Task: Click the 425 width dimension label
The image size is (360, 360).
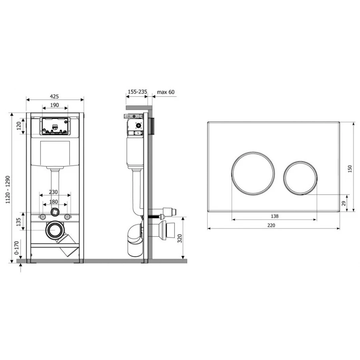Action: (54, 96)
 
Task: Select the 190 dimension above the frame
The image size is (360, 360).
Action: (54, 105)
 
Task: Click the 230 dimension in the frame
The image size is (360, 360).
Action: (55, 192)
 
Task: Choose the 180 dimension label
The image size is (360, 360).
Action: (55, 202)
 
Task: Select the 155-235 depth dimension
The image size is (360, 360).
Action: (137, 92)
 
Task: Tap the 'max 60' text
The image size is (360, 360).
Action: (166, 92)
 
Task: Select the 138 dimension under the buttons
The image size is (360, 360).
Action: (274, 216)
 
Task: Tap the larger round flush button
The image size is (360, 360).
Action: (253, 173)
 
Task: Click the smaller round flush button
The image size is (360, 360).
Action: (301, 178)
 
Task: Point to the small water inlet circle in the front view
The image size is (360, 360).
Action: (54, 212)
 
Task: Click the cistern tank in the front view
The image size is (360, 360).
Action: (55, 152)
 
